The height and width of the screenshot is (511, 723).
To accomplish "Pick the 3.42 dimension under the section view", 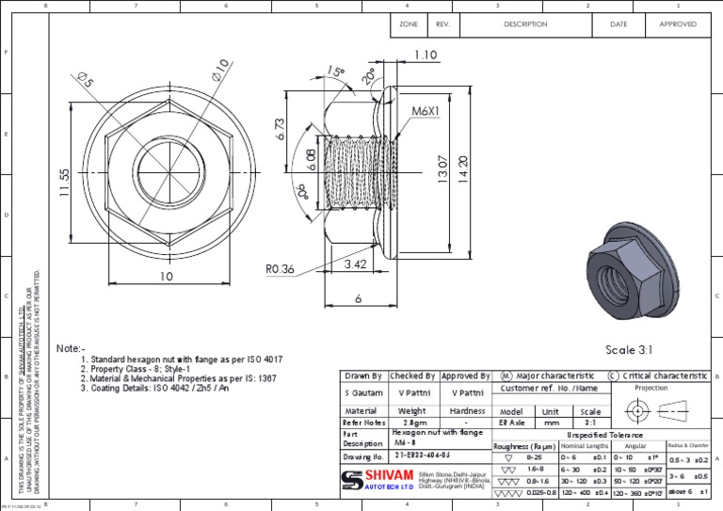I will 355,265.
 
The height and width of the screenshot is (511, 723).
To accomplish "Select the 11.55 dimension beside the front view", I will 65,183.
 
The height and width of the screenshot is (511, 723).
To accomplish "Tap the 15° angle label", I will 336,72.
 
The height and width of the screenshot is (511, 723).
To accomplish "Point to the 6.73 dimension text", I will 280,130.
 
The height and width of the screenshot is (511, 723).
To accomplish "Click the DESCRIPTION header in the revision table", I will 525,24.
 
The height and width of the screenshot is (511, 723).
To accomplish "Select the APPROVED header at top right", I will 678,24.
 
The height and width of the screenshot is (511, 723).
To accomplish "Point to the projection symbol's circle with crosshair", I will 638,411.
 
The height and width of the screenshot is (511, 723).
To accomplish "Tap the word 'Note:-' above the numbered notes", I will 71,347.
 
